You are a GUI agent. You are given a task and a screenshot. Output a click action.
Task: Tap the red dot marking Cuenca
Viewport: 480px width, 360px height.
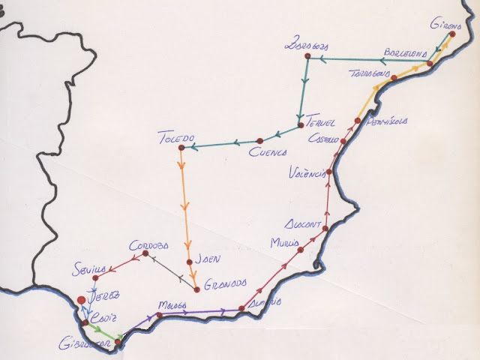tap(259, 140)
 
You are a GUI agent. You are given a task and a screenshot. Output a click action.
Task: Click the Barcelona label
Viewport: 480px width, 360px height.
tap(405, 52)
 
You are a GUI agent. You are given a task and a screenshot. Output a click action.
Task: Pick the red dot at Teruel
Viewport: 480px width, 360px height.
tap(300, 125)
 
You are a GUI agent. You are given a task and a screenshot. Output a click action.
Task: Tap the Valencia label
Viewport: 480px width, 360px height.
tap(307, 173)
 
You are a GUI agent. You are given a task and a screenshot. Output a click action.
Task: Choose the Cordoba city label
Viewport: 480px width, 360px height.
tap(149, 244)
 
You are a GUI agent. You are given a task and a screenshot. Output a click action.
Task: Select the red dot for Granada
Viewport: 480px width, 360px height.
tap(196, 289)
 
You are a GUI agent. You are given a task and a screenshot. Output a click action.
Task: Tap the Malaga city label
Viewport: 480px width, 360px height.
tap(172, 305)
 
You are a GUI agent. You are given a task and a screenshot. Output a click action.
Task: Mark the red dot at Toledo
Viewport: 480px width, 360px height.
tap(180, 146)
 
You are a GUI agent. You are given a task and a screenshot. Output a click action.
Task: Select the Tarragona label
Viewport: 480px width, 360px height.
tap(370, 74)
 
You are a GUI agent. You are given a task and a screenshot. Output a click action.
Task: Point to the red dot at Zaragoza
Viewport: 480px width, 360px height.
tap(305, 58)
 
